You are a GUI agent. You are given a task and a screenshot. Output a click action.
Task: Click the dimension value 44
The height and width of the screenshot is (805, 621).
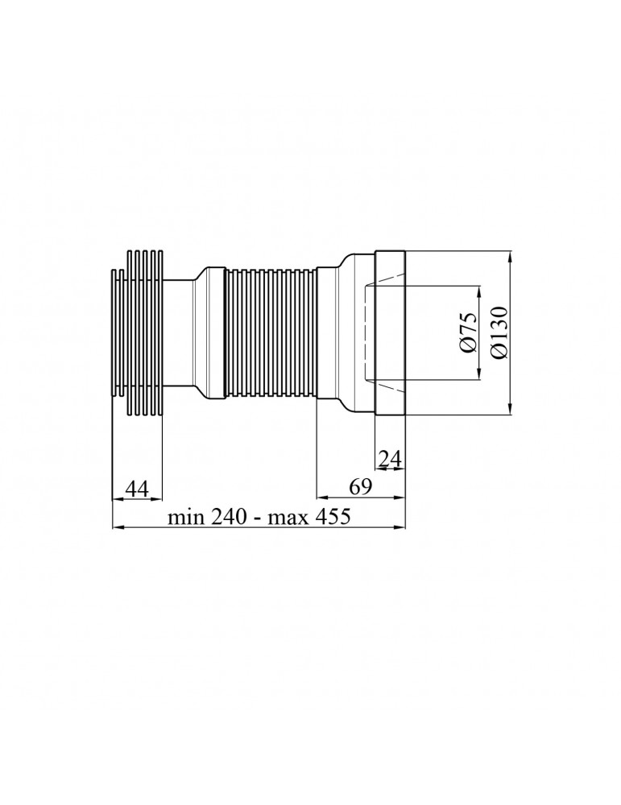point(137,489)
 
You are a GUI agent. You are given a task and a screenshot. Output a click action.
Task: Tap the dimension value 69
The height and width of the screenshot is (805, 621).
point(360,486)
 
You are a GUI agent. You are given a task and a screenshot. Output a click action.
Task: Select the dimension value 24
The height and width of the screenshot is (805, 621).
point(390,458)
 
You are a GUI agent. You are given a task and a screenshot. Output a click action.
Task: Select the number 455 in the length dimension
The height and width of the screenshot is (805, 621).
point(332,516)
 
